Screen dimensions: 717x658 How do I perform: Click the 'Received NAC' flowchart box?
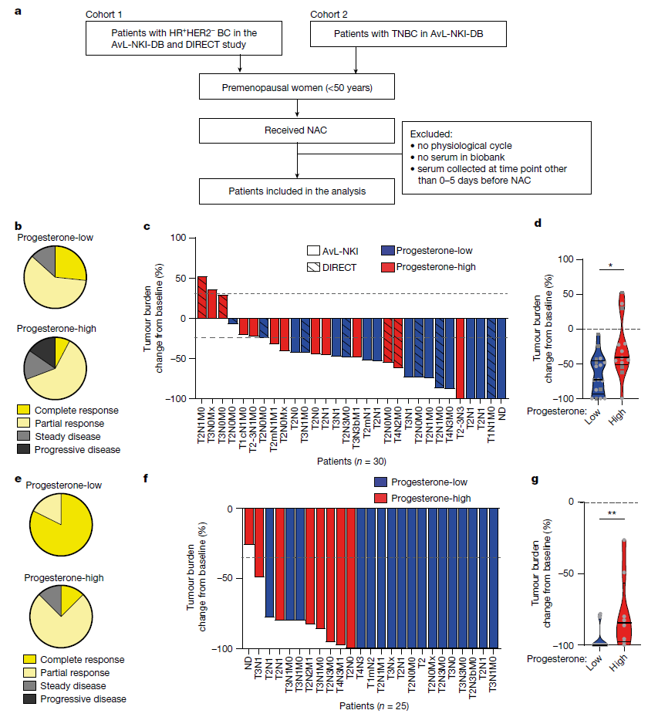[x=297, y=130]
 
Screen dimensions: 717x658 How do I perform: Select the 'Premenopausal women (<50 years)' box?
[x=297, y=87]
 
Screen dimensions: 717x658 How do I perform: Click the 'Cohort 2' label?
[x=331, y=15]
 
